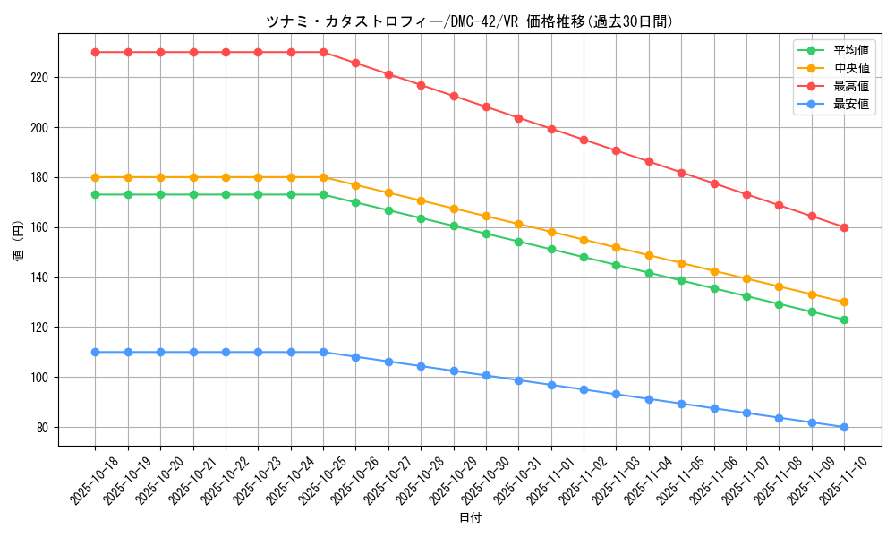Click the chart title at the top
pyautogui.click(x=469, y=21)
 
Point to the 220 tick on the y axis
pyautogui.click(x=41, y=78)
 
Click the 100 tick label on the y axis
pyautogui.click(x=41, y=378)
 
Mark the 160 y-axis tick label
pyautogui.click(x=41, y=227)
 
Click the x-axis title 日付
pyautogui.click(x=470, y=518)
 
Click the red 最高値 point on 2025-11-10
pyautogui.click(x=844, y=227)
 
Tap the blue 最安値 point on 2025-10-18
pyautogui.click(x=95, y=352)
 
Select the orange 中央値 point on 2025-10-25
pyautogui.click(x=323, y=177)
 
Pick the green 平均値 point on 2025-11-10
pyautogui.click(x=844, y=320)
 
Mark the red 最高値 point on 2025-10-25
pyautogui.click(x=323, y=52)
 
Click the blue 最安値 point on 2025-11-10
pyautogui.click(x=844, y=427)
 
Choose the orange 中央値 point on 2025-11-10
pyautogui.click(x=844, y=303)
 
